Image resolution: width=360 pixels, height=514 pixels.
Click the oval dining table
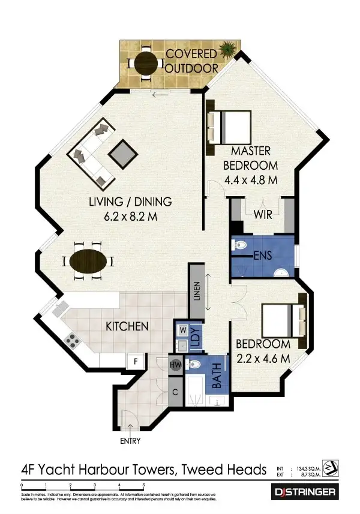coord(90,261)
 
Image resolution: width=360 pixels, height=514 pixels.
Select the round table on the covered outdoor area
coord(146,62)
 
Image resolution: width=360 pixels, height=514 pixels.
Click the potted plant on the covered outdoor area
coord(227,49)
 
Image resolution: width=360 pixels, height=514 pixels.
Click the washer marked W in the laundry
coord(182,330)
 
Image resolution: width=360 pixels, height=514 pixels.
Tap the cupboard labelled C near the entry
coord(176,392)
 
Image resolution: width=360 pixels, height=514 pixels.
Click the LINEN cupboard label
coord(196,293)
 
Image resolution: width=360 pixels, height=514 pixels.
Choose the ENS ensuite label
coord(263,256)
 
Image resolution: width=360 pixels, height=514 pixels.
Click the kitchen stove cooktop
coord(73,341)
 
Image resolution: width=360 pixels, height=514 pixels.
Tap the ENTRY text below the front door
coord(130,441)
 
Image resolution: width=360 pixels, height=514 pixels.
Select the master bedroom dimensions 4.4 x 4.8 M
coord(251,179)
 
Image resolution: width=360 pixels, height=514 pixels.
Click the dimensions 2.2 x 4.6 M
coord(263,358)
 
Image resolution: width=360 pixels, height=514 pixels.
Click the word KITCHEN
coord(127,327)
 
